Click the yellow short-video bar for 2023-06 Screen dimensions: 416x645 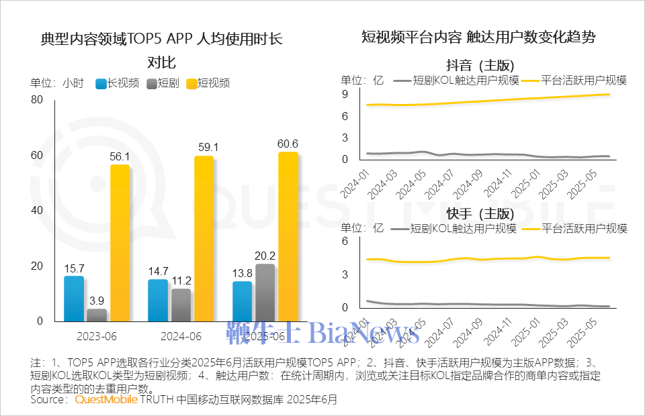(x=120, y=242)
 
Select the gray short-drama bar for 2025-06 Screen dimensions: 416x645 (x=265, y=293)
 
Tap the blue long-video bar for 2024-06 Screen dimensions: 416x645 (x=158, y=300)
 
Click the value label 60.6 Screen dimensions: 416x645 (x=288, y=144)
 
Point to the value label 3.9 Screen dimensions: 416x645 (x=97, y=300)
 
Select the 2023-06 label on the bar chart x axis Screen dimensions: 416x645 (x=97, y=335)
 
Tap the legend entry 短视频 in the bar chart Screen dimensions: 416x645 (x=213, y=83)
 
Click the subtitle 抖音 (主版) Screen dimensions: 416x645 (x=480, y=65)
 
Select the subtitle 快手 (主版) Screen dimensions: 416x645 (x=480, y=214)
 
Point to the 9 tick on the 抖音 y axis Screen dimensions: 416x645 (x=344, y=94)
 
